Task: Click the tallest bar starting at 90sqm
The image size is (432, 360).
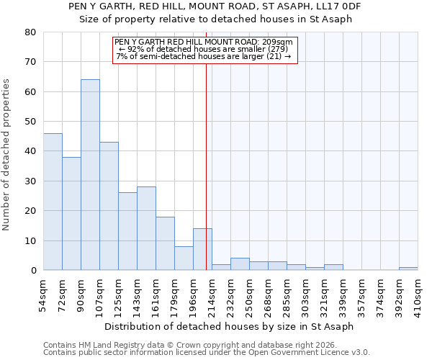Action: pos(90,175)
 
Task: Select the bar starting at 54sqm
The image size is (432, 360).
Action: pos(53,202)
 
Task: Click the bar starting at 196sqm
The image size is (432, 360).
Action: pos(202,249)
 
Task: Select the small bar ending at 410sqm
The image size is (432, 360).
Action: pos(408,269)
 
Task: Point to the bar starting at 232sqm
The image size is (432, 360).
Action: pos(240,264)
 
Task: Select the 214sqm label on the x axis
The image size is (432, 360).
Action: pos(212,294)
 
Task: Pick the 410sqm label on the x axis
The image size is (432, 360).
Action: pos(418,294)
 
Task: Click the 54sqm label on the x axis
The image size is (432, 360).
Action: pos(43,294)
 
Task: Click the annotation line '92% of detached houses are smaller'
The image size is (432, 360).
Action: pos(204,49)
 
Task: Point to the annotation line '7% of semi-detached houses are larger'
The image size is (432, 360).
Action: pos(204,56)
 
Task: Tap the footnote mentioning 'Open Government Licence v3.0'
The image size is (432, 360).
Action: pos(207,353)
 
